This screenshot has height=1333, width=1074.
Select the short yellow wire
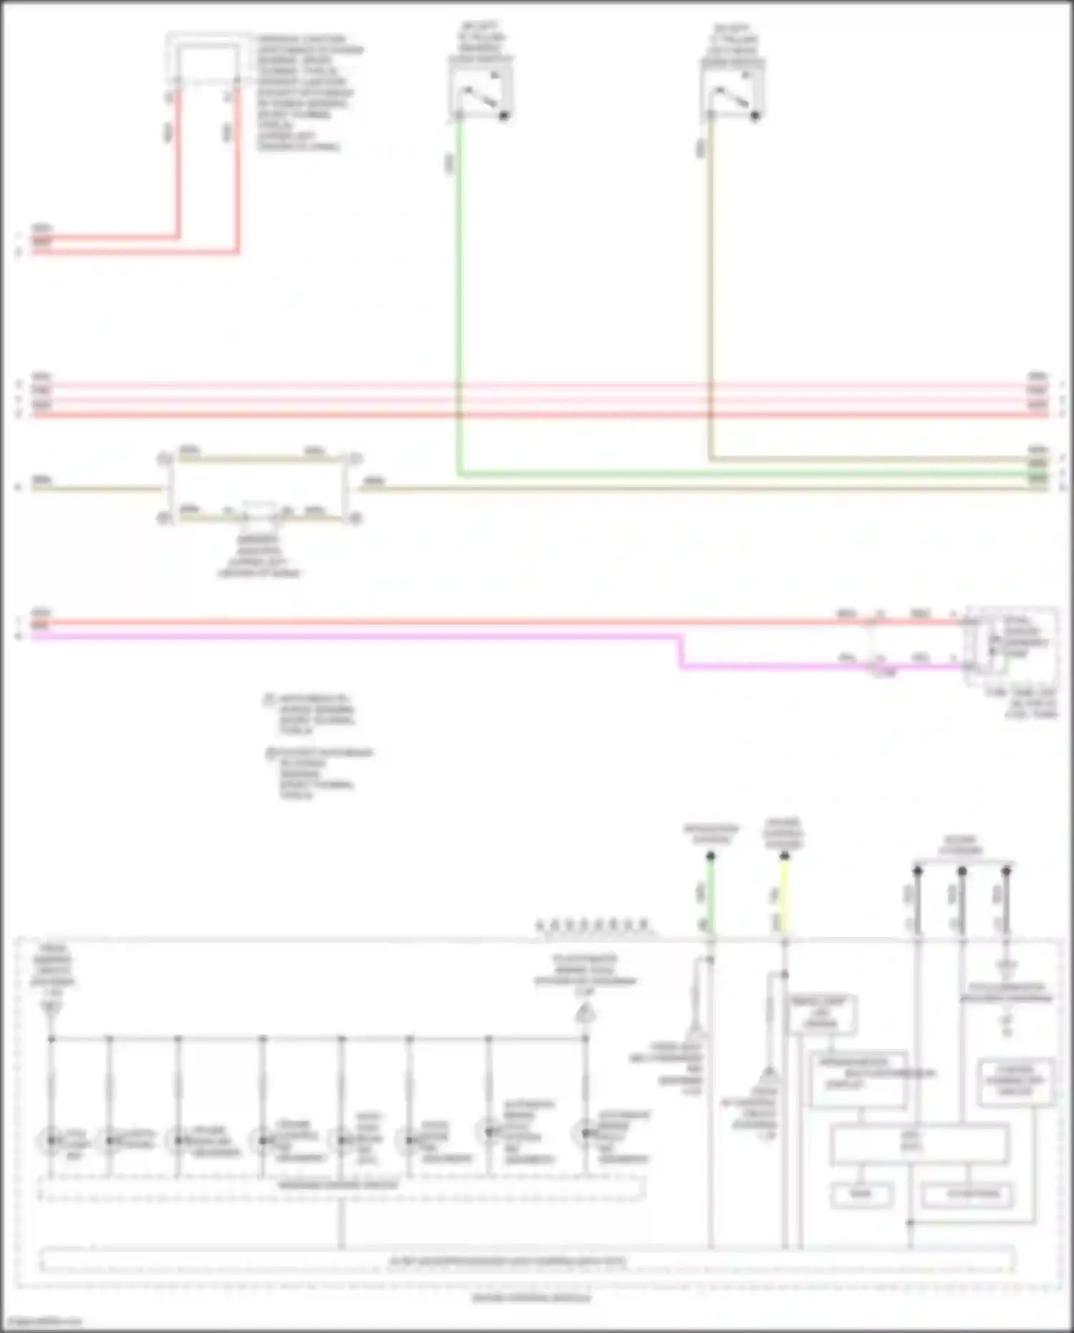(x=785, y=895)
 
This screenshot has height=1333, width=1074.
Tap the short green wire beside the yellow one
(x=710, y=895)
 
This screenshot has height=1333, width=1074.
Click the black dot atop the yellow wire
(x=785, y=856)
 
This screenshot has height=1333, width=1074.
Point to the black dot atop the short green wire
(x=710, y=856)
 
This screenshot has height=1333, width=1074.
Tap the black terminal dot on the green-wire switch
(x=504, y=115)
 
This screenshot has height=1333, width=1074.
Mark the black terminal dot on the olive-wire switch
(x=755, y=115)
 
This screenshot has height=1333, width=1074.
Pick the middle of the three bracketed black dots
(x=962, y=871)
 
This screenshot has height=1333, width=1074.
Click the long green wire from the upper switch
(x=459, y=287)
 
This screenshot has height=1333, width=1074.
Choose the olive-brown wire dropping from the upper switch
(x=710, y=287)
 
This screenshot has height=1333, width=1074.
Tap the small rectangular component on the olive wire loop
(x=259, y=510)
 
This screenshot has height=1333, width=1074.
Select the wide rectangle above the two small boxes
(x=919, y=1144)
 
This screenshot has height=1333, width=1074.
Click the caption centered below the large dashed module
(x=531, y=1297)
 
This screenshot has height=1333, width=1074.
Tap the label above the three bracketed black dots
(x=961, y=844)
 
